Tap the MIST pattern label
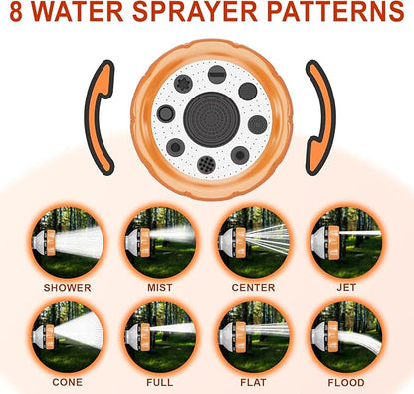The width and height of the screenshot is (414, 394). coord(159,288)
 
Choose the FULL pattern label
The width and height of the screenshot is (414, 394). coord(159,382)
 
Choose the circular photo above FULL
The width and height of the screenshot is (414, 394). coord(159,335)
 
